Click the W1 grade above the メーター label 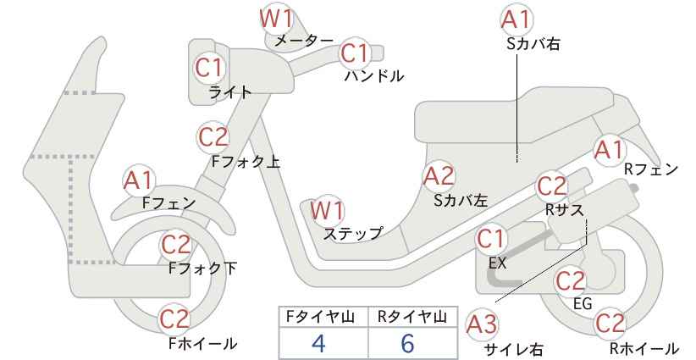click(277, 19)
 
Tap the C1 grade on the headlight click(209, 68)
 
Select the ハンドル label click(374, 76)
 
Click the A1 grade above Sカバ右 click(516, 19)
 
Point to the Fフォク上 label click(246, 161)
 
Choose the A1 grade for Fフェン click(139, 181)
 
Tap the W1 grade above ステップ click(327, 210)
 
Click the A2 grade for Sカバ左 click(439, 176)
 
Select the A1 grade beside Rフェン click(609, 151)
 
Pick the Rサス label click(564, 210)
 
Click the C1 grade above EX click(491, 239)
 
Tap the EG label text click(583, 303)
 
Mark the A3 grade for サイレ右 click(482, 325)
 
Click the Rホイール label click(644, 348)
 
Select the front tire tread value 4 click(318, 343)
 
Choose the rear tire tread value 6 click(407, 343)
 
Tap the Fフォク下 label click(203, 269)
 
